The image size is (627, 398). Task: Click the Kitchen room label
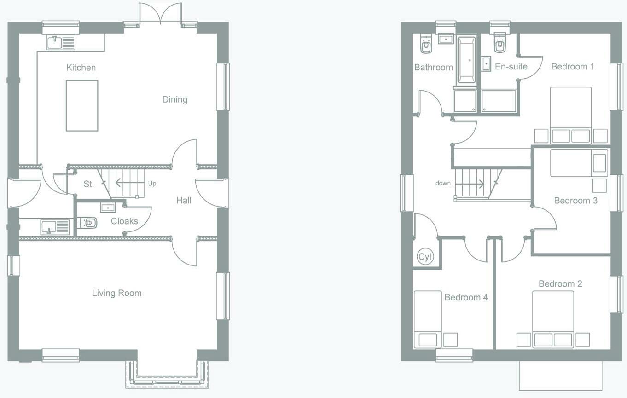(81, 67)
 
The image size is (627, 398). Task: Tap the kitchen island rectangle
(82, 105)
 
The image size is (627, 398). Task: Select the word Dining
(175, 100)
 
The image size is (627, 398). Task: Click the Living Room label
(117, 293)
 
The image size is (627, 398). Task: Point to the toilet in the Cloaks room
(87, 223)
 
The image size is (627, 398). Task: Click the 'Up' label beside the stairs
(152, 184)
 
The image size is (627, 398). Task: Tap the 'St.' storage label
(88, 184)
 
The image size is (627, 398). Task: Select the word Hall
(184, 200)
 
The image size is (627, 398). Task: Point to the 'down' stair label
(443, 183)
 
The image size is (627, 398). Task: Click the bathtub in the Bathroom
(467, 60)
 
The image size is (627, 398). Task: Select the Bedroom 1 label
(573, 67)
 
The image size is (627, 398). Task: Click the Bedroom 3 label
(576, 200)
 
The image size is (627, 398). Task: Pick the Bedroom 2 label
(560, 283)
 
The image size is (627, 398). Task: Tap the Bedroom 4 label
(466, 297)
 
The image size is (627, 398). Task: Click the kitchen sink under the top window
(61, 42)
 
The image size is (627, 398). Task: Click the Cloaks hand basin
(108, 208)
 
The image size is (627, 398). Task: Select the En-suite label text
(511, 67)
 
